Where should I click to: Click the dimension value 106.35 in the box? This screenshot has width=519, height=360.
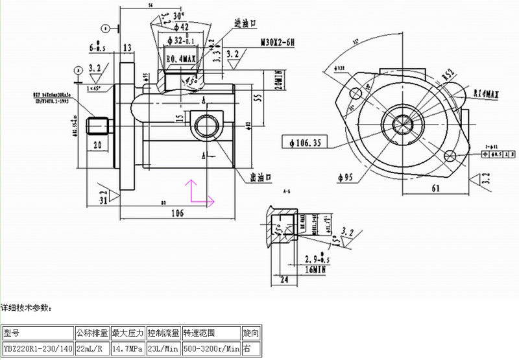(304, 141)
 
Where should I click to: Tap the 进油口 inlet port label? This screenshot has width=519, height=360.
(246, 23)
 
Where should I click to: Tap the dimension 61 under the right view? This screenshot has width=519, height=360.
(435, 188)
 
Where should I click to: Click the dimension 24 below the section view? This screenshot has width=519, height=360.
(284, 281)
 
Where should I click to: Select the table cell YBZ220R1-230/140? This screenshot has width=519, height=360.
(38, 349)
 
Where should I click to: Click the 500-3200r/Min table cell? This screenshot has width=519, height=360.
(211, 349)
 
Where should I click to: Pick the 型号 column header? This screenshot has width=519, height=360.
(12, 333)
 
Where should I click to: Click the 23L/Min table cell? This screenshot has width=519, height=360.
(163, 349)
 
